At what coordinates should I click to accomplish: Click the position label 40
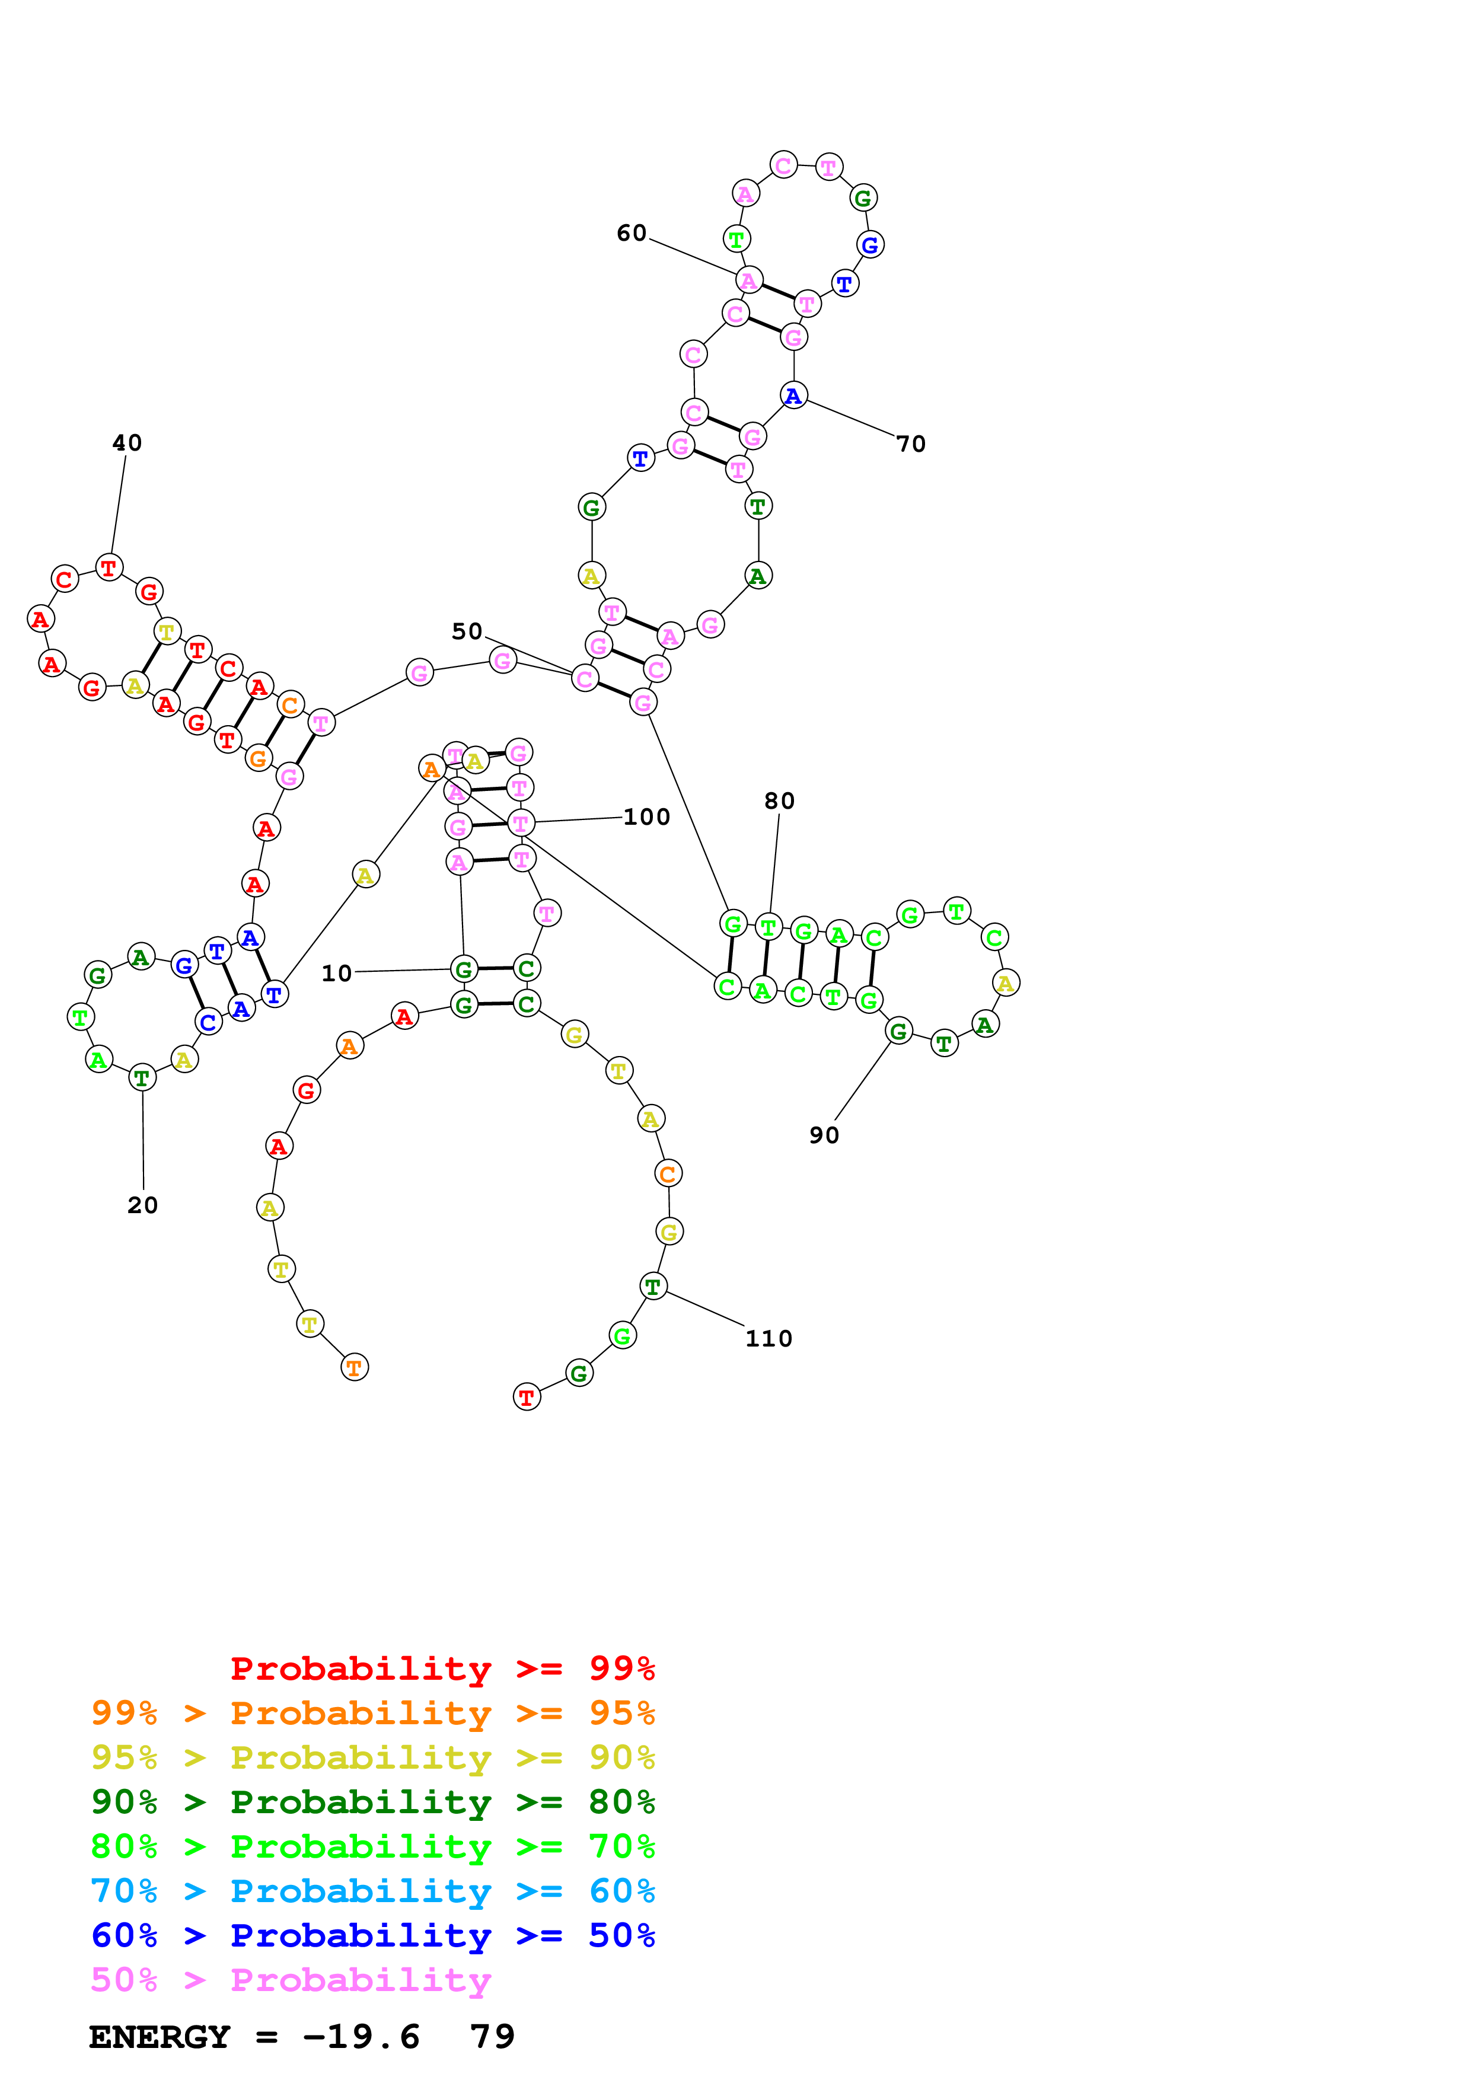point(127,443)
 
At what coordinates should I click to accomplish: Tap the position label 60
point(632,234)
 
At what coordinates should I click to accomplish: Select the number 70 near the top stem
point(911,444)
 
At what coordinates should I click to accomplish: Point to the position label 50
point(467,631)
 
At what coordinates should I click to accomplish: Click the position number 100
point(647,817)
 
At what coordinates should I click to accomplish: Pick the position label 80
point(779,801)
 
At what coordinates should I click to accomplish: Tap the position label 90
point(824,1135)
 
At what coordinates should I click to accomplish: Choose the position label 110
point(769,1339)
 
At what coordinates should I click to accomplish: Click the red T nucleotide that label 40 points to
point(109,568)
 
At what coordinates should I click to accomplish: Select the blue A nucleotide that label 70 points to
point(793,396)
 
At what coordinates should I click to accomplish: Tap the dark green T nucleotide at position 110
point(653,1287)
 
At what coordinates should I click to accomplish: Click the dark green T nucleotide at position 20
point(142,1078)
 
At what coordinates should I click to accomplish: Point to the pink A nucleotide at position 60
point(749,281)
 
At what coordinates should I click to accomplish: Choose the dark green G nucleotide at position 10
point(464,969)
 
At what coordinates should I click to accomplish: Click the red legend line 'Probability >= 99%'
point(443,1668)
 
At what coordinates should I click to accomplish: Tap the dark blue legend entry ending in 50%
point(373,1935)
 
